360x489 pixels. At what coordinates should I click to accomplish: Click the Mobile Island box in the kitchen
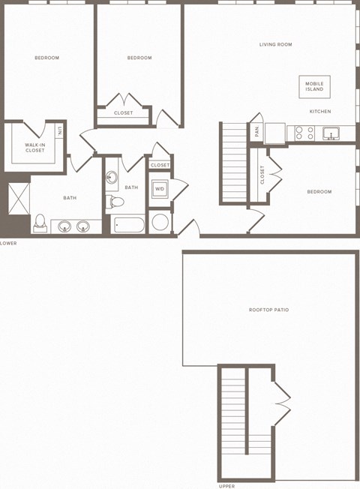click(x=314, y=86)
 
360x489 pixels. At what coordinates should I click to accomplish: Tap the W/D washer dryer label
click(x=159, y=189)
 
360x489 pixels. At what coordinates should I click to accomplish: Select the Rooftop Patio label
click(x=268, y=310)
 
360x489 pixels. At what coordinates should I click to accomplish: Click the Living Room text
click(x=275, y=45)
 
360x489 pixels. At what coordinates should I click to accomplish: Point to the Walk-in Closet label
click(x=34, y=148)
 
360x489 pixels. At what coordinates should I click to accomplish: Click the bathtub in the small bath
click(x=130, y=223)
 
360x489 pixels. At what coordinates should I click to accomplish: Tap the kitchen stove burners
click(x=304, y=133)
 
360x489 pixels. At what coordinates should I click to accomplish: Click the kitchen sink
click(x=328, y=133)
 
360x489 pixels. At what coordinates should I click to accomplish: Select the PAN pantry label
click(x=256, y=131)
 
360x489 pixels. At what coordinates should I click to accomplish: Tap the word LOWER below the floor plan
click(x=9, y=243)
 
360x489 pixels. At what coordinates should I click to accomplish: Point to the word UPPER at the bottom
click(x=226, y=485)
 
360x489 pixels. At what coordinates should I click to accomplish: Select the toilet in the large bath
click(x=40, y=223)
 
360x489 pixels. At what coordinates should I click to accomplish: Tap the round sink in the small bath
click(x=112, y=178)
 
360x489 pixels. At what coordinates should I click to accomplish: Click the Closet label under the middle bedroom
click(x=123, y=112)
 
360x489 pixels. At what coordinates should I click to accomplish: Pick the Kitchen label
click(x=320, y=112)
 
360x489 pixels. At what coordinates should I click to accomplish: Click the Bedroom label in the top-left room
click(x=46, y=58)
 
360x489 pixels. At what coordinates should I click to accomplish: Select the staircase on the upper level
click(x=234, y=412)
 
